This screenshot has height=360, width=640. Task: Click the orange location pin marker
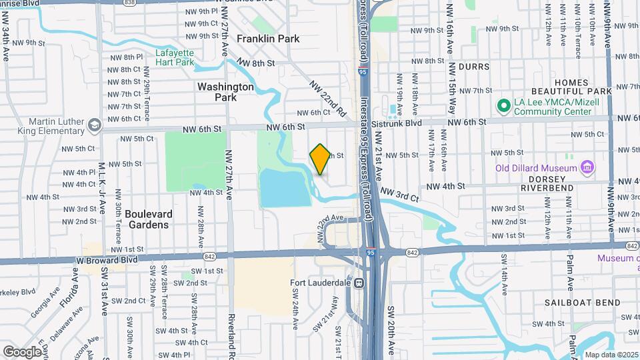coord(320,159)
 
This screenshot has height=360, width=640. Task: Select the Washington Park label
coord(225,92)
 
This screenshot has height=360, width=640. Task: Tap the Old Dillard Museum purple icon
coord(587,167)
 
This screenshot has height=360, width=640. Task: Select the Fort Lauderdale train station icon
coord(359,283)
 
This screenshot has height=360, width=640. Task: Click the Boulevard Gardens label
coord(149,219)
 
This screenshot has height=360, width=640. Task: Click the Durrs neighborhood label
coord(473,67)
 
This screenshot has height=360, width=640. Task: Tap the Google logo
coord(22,351)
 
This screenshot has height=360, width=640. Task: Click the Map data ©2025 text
coord(611,355)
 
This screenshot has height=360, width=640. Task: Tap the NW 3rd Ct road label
coord(399,193)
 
